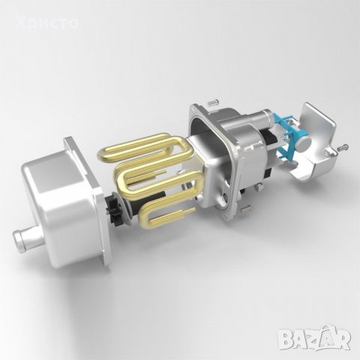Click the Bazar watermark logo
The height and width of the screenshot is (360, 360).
[315, 338]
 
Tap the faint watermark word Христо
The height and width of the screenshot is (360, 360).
[46, 23]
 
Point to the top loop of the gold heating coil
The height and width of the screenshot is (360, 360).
[148, 147]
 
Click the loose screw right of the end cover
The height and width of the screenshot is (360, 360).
[343, 147]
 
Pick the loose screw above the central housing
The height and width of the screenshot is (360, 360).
[213, 102]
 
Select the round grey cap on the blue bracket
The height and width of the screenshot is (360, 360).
[304, 144]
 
